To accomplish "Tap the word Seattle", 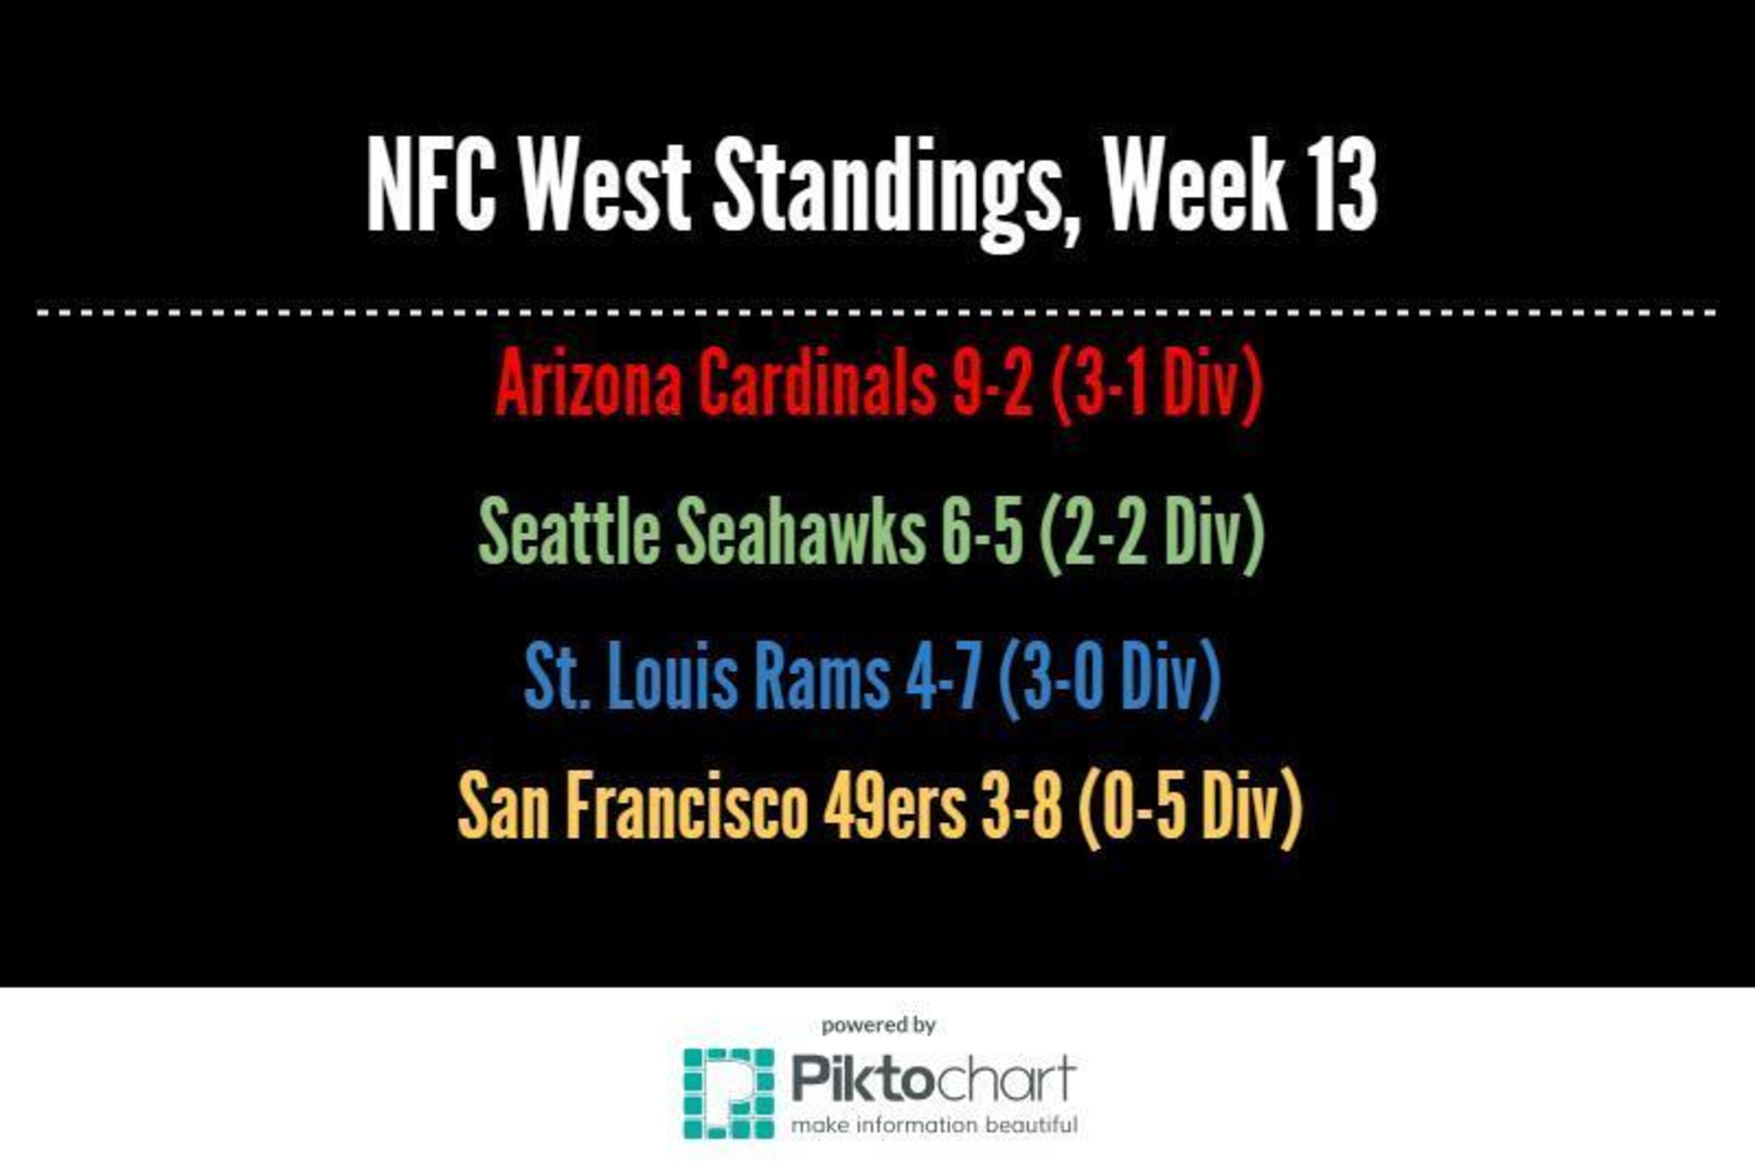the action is coord(569,529).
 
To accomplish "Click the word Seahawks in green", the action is coord(801,529).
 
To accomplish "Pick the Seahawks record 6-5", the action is coord(983,531).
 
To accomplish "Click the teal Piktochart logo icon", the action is coord(729,1093).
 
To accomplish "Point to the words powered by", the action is coord(879,1027).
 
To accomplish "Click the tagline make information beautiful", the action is coord(934,1125).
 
